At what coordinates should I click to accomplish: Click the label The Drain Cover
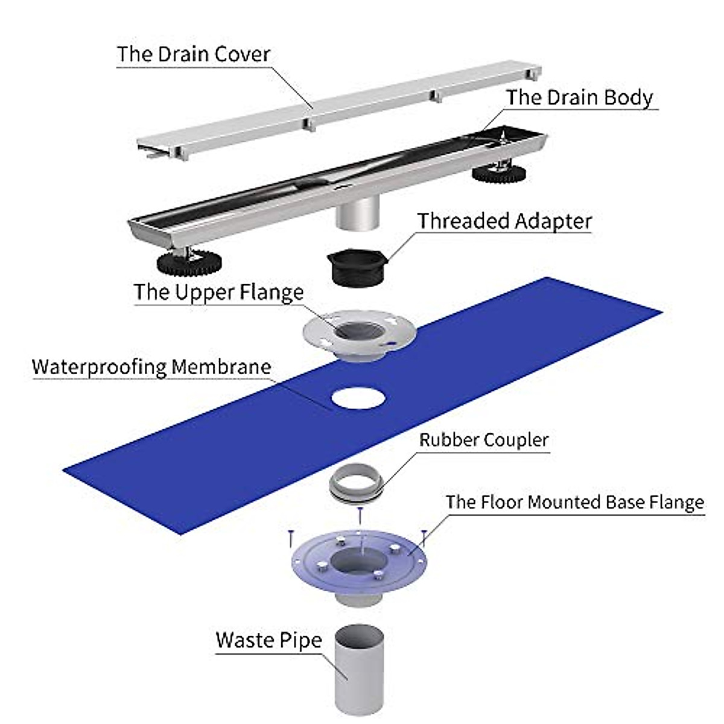[x=193, y=54]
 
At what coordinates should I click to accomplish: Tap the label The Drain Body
[x=579, y=98]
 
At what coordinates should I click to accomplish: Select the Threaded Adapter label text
[x=504, y=221]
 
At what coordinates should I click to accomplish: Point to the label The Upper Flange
[x=218, y=292]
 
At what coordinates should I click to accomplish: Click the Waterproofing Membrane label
[x=151, y=367]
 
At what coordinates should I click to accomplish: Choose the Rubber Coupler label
[x=484, y=440]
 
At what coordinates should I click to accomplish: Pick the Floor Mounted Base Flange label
[x=574, y=503]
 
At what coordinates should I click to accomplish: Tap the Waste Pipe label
[x=268, y=640]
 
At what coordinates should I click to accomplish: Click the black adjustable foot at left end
[x=189, y=262]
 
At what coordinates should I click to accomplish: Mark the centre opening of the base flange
[x=356, y=562]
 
